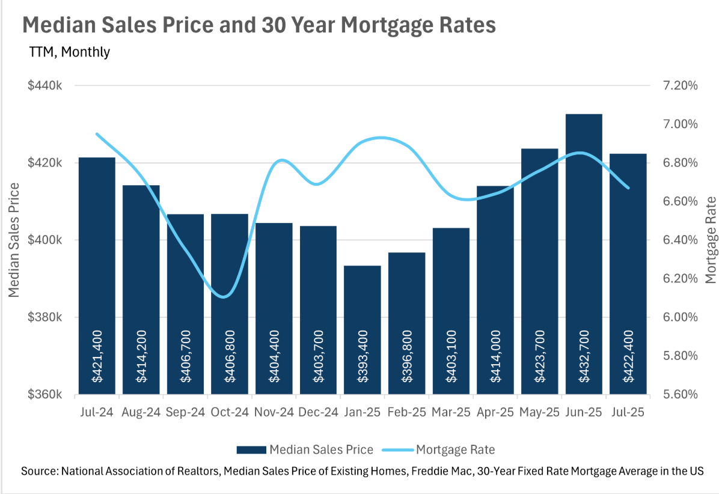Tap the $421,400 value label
coord(97,356)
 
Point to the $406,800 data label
coord(230,356)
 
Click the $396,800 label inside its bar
coord(406,356)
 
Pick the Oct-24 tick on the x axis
coord(230,413)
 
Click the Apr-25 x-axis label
coord(495,413)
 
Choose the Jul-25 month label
coord(628,413)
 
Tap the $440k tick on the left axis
coord(46,86)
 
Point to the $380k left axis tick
coord(46,317)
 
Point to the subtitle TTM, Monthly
coord(70,52)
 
